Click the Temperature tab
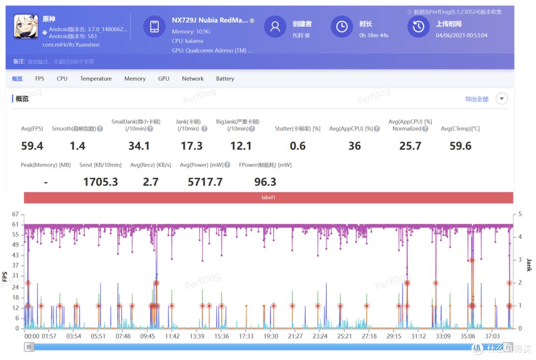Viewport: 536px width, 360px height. point(96,78)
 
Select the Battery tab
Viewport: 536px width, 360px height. point(225,78)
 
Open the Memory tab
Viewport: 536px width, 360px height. point(134,78)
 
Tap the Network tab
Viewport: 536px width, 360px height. point(193,78)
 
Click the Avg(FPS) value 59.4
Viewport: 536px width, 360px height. point(32,146)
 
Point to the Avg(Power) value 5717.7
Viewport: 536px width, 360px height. point(205,182)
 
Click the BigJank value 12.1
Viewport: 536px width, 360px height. point(241,146)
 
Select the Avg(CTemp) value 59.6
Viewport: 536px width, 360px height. point(460,146)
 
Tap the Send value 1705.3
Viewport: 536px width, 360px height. point(100,182)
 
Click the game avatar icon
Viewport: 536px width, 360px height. point(26,26)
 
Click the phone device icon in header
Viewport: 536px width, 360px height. point(154,26)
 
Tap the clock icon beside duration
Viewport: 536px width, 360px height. point(341,26)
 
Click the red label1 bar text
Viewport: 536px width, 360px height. point(268,197)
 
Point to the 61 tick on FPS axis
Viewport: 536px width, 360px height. point(15,224)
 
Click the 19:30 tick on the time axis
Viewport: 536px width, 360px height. point(271,336)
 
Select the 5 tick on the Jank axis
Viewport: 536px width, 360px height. point(520,214)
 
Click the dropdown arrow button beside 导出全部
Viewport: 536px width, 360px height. point(501,99)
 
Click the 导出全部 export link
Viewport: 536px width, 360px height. point(476,99)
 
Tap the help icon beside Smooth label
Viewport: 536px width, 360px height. point(100,129)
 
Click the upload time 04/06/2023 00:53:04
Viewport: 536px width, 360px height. point(462,35)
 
